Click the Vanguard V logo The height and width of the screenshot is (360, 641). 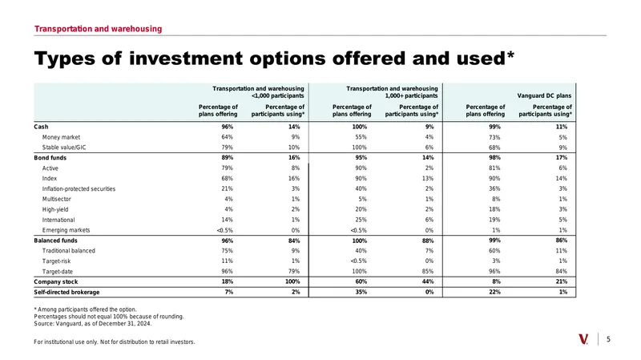(583, 339)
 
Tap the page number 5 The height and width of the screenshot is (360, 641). (608, 339)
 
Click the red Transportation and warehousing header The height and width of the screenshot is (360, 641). (98, 29)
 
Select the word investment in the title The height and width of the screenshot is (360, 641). (186, 59)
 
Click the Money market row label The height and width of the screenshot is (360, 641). (62, 137)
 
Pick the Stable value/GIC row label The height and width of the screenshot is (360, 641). (64, 148)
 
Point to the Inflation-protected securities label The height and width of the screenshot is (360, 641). (79, 188)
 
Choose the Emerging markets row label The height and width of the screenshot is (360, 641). (66, 230)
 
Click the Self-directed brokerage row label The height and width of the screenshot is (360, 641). (67, 292)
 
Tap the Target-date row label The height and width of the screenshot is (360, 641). (58, 271)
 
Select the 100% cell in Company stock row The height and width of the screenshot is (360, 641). (292, 281)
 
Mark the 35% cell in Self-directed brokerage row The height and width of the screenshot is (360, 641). (361, 292)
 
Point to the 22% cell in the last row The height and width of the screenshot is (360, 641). (494, 292)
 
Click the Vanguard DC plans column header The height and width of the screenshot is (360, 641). (545, 95)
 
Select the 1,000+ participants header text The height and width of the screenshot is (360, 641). (411, 95)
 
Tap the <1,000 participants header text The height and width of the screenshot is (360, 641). (278, 95)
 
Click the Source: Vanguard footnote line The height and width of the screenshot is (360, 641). (93, 324)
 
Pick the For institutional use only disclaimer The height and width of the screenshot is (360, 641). (115, 342)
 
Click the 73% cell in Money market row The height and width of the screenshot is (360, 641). (494, 137)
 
